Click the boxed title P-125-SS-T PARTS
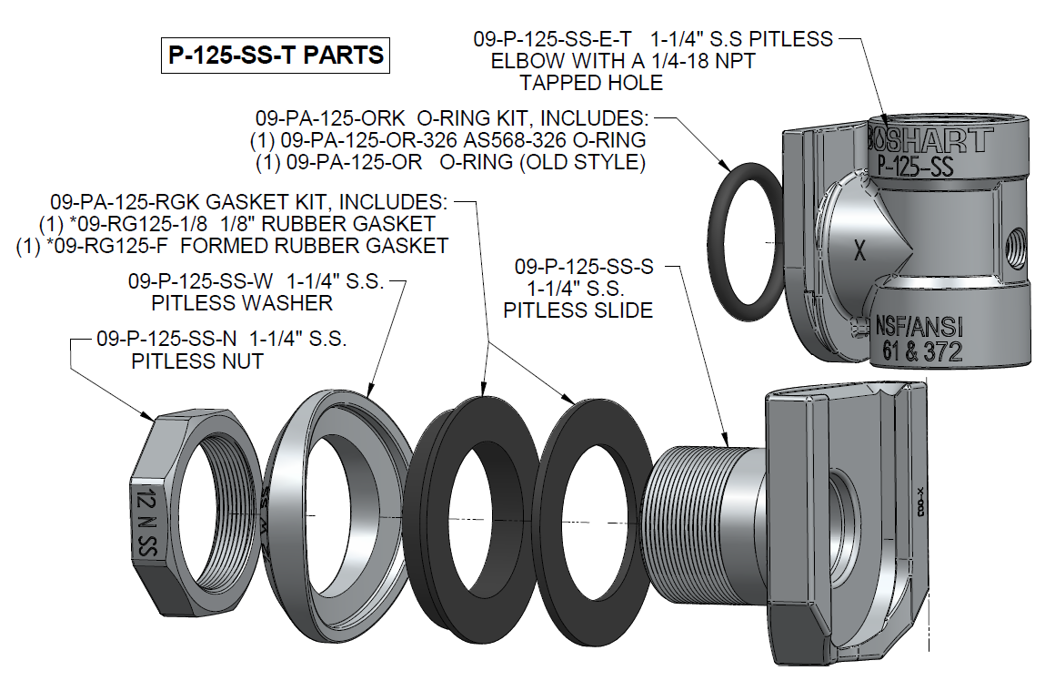274,56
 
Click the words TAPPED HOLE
591,83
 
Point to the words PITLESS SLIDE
578,310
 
